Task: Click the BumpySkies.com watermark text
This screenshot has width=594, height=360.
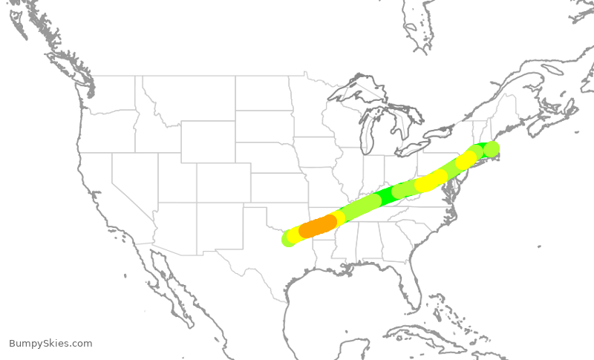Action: (50, 343)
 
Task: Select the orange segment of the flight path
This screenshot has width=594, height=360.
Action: (318, 225)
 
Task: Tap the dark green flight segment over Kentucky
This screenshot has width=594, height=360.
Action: (387, 196)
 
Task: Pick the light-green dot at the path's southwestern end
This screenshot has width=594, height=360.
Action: (288, 239)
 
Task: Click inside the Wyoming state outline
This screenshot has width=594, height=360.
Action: (207, 141)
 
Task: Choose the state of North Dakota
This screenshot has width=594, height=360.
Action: (264, 94)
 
